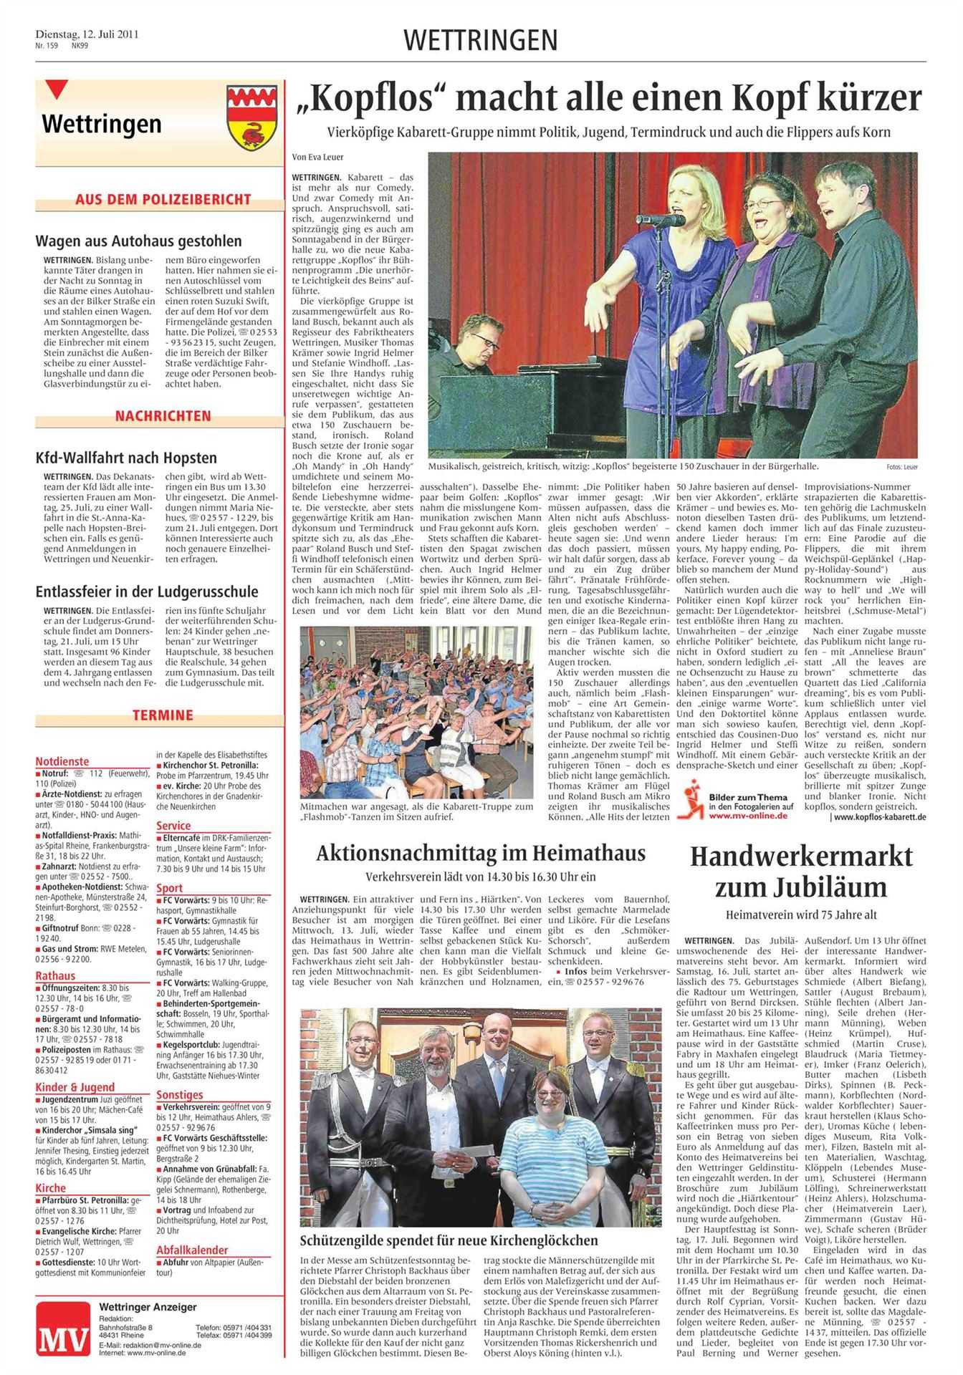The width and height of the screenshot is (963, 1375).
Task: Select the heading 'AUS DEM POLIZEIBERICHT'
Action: coord(163,200)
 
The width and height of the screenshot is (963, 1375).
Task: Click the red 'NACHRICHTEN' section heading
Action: coord(163,416)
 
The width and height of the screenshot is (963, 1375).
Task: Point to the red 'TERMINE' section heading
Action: coord(163,714)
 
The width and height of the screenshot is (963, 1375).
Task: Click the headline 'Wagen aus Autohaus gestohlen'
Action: coord(139,241)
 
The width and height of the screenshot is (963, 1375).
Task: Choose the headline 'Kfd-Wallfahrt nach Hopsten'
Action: coord(126,458)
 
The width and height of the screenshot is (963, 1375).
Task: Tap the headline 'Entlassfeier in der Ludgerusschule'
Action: coord(147,592)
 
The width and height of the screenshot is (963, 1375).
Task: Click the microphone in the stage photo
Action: coord(660,220)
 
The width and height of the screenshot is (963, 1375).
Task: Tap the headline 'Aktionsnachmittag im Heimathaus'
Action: coord(481,853)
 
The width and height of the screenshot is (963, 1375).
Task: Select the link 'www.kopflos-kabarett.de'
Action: coord(880,816)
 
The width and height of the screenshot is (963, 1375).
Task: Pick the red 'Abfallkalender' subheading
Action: coord(192,1250)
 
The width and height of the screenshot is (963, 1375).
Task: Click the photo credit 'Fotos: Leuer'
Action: coord(901,467)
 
